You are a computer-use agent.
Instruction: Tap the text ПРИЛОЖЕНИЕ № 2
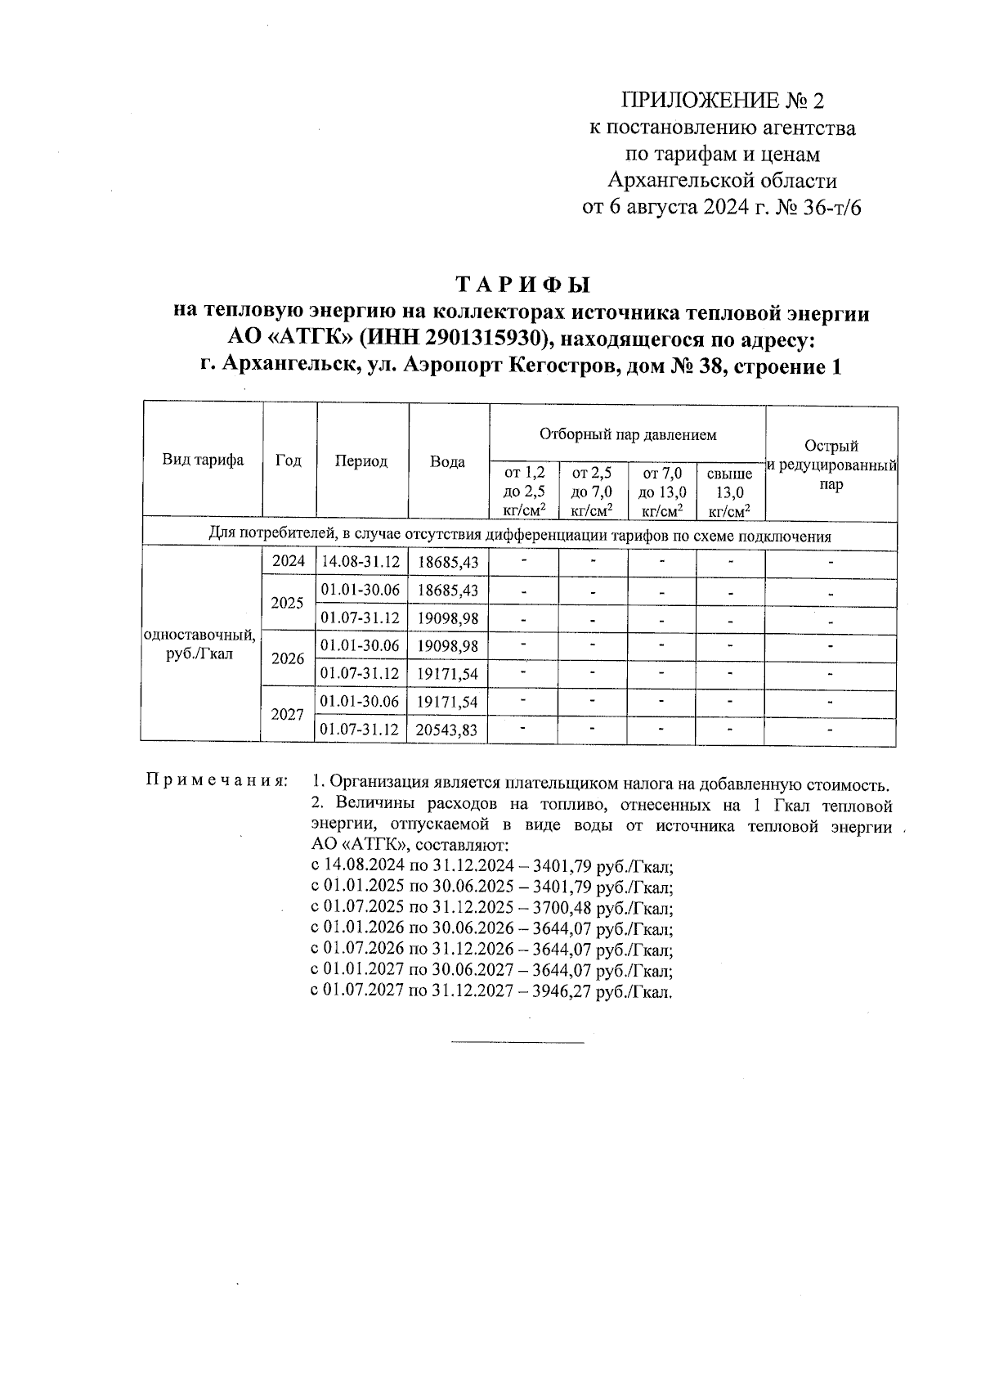[x=723, y=101]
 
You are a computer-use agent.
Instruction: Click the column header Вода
[x=448, y=461]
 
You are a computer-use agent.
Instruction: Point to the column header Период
[x=361, y=461]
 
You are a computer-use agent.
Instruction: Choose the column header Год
[x=288, y=460]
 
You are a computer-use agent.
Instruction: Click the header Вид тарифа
[x=203, y=460]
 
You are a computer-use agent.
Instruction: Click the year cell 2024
[x=288, y=561]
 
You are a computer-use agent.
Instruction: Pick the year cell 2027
[x=287, y=715]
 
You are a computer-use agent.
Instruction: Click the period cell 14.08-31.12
[x=361, y=562]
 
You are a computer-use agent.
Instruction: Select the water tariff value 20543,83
[x=446, y=730]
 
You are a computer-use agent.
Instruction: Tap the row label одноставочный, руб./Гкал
[x=199, y=645]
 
